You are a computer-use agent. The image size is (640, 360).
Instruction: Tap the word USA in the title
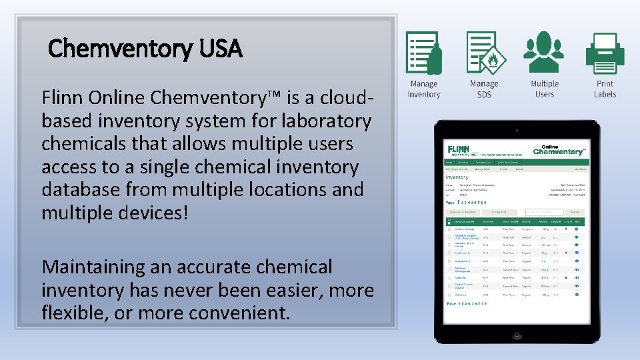pos(220,49)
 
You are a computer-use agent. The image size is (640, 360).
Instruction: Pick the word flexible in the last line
pos(73,312)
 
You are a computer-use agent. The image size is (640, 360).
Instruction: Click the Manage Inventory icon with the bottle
pos(424,53)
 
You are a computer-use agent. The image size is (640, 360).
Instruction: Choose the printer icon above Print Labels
pos(605,53)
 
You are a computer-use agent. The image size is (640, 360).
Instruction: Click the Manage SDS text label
pos(484,89)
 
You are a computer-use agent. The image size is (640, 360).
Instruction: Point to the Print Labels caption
pos(605,89)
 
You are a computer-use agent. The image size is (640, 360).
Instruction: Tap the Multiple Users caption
pos(544,89)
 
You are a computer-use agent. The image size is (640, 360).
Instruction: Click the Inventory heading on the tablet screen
pos(457,177)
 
